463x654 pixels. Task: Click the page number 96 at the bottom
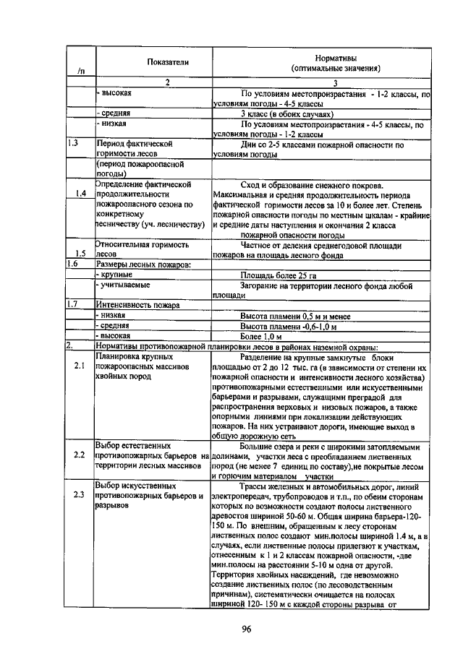pos(245,628)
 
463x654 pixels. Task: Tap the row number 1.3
pos(72,143)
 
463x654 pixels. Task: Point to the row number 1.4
pos(80,194)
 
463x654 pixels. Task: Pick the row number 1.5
pos(80,254)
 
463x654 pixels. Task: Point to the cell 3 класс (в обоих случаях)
pos(286,113)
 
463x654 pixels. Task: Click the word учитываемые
pos(125,285)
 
